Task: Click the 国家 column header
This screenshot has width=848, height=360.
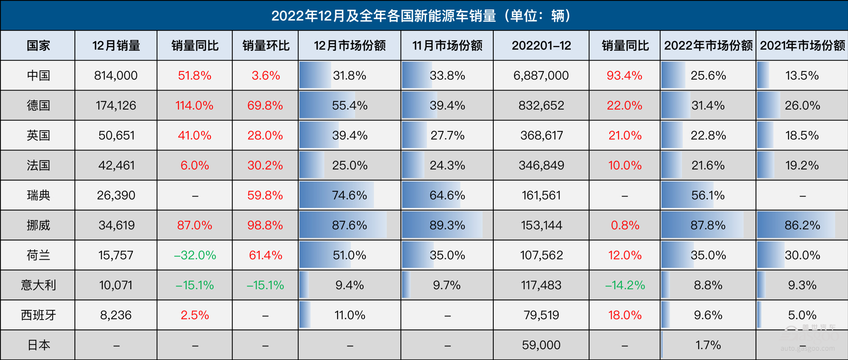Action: tap(38, 46)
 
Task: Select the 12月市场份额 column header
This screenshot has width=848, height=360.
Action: tap(350, 46)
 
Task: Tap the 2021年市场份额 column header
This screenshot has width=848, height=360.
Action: tap(802, 46)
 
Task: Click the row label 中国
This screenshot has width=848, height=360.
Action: tap(38, 76)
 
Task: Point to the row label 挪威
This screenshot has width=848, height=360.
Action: tap(38, 226)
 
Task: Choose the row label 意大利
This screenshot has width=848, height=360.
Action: tap(38, 285)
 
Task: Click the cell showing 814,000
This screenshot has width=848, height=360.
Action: tap(116, 76)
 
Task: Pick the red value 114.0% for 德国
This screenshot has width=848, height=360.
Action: tap(194, 106)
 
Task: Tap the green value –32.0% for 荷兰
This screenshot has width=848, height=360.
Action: tap(194, 256)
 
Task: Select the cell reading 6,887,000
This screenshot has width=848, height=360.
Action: tap(541, 76)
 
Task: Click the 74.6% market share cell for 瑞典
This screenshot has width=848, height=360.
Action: tap(350, 196)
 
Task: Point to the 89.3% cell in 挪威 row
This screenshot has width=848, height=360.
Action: tap(447, 226)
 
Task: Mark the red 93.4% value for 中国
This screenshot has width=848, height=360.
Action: tap(625, 76)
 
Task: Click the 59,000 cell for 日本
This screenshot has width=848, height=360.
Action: tap(541, 345)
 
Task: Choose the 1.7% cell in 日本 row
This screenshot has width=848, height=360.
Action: tap(708, 345)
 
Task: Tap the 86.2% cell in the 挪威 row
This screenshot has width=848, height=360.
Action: tap(802, 226)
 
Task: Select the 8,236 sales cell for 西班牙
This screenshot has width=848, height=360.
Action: tap(116, 315)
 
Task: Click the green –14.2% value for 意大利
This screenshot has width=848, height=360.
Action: tap(625, 285)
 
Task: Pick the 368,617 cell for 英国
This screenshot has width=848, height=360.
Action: tap(541, 136)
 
